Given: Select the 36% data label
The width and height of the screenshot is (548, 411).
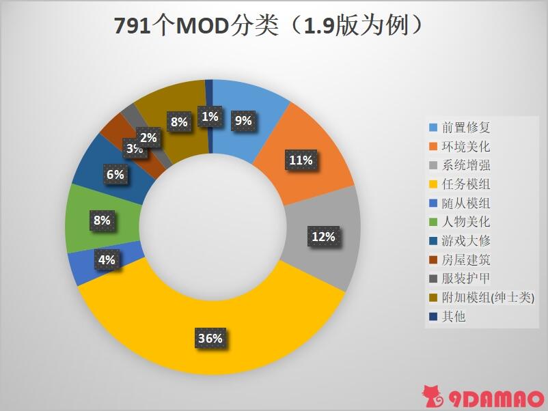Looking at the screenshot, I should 210,338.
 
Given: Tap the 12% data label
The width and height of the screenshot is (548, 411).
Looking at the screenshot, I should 323,237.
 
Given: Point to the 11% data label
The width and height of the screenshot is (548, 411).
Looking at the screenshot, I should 301,160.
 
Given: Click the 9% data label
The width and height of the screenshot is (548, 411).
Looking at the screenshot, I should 243,121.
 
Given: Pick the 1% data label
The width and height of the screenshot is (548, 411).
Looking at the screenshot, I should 210,117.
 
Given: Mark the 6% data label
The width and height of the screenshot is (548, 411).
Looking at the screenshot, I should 115,175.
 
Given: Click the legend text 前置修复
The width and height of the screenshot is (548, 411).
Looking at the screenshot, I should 466,128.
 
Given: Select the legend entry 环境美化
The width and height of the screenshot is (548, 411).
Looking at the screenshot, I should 466,147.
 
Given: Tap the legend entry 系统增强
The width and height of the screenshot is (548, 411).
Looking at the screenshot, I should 466,165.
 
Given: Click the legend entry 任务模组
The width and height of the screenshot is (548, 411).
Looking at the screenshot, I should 466,184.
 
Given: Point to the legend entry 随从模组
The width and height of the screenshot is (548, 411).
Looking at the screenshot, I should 466,203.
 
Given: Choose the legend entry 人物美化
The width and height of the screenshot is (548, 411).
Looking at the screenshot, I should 466,222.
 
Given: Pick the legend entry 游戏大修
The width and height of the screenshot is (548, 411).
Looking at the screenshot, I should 466,241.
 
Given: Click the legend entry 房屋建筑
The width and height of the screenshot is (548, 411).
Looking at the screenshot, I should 466,260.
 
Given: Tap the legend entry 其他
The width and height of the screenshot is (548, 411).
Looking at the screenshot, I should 454,317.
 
